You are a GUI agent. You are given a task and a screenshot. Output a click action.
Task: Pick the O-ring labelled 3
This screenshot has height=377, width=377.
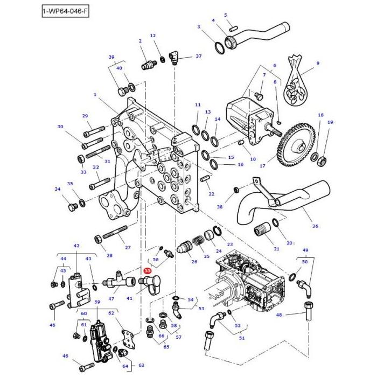click(x=219, y=48)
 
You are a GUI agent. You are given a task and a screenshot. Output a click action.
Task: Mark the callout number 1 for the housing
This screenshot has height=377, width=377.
click(x=95, y=94)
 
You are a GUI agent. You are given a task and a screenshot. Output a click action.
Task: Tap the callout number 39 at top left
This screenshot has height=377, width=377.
click(x=111, y=57)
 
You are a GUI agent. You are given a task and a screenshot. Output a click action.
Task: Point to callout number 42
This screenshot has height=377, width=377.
click(x=76, y=246)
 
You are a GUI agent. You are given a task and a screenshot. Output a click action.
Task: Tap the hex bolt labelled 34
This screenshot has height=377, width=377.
click(x=73, y=206)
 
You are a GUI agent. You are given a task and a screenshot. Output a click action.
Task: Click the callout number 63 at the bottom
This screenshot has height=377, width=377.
click(x=142, y=365)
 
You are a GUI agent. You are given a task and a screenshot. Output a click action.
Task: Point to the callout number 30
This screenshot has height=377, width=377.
click(x=60, y=127)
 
